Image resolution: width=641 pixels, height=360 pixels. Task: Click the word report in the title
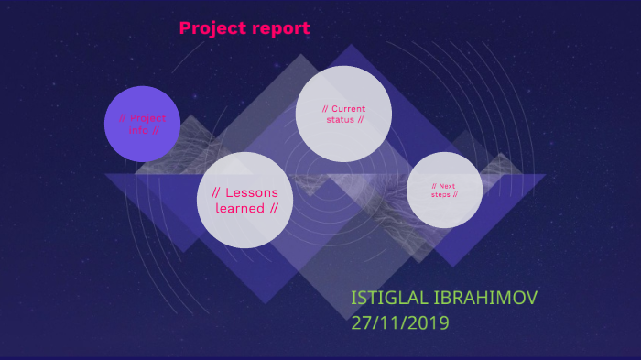279,29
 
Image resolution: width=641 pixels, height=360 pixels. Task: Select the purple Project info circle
142,124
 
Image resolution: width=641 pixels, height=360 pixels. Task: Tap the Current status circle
343,114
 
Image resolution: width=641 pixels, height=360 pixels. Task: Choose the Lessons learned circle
244,201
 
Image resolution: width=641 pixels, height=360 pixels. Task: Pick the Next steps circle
444,190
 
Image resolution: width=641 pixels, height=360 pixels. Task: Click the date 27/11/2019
400,322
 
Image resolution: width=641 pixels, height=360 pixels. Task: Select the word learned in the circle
239,208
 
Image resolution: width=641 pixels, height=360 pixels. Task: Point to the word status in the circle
341,119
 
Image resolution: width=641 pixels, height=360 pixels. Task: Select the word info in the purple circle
138,130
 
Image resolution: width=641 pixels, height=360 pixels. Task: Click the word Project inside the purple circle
149,118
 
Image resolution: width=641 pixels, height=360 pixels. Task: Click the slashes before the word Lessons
216,192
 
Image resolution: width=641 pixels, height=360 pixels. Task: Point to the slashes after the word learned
273,208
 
